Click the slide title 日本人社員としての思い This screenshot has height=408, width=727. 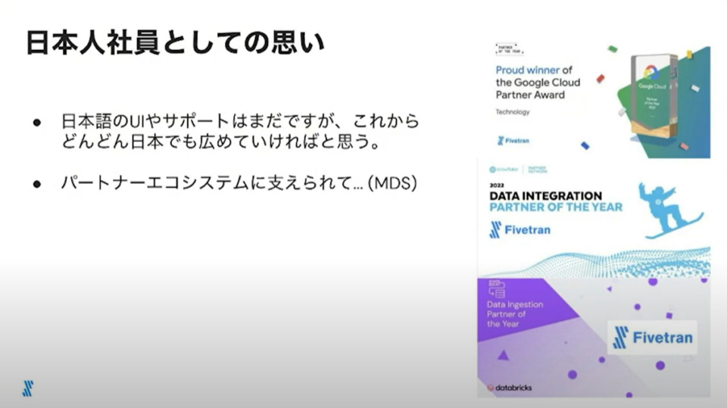pyautogui.click(x=175, y=42)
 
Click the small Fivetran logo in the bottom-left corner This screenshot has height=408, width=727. pyautogui.click(x=28, y=388)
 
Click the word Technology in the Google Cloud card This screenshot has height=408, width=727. pyautogui.click(x=513, y=112)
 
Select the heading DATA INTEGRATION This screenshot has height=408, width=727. pyautogui.click(x=545, y=195)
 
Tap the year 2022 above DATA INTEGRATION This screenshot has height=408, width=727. pyautogui.click(x=497, y=184)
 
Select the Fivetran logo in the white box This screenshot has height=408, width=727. pyautogui.click(x=653, y=337)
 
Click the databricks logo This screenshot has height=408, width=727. pyautogui.click(x=509, y=388)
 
